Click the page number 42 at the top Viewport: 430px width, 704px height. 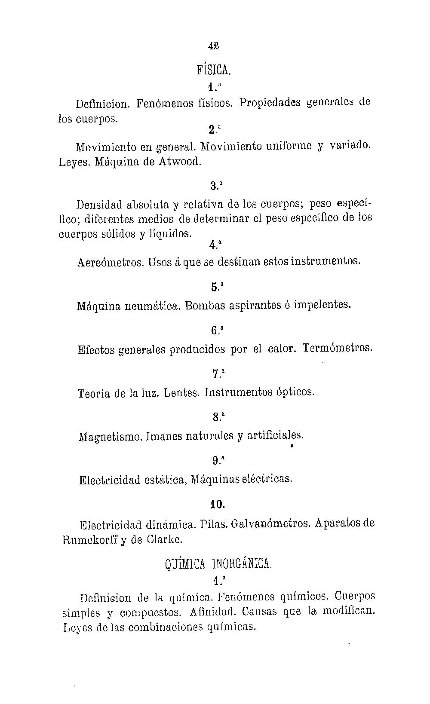[214, 46]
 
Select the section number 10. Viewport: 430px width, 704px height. [218, 504]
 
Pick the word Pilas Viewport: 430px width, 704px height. [214, 524]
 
